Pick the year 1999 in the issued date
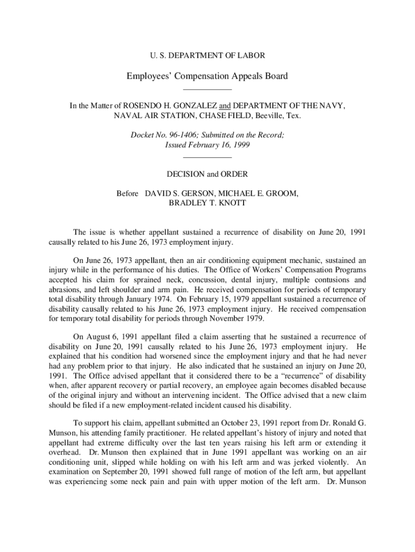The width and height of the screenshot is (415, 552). [239, 145]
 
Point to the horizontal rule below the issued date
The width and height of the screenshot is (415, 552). [207, 157]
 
